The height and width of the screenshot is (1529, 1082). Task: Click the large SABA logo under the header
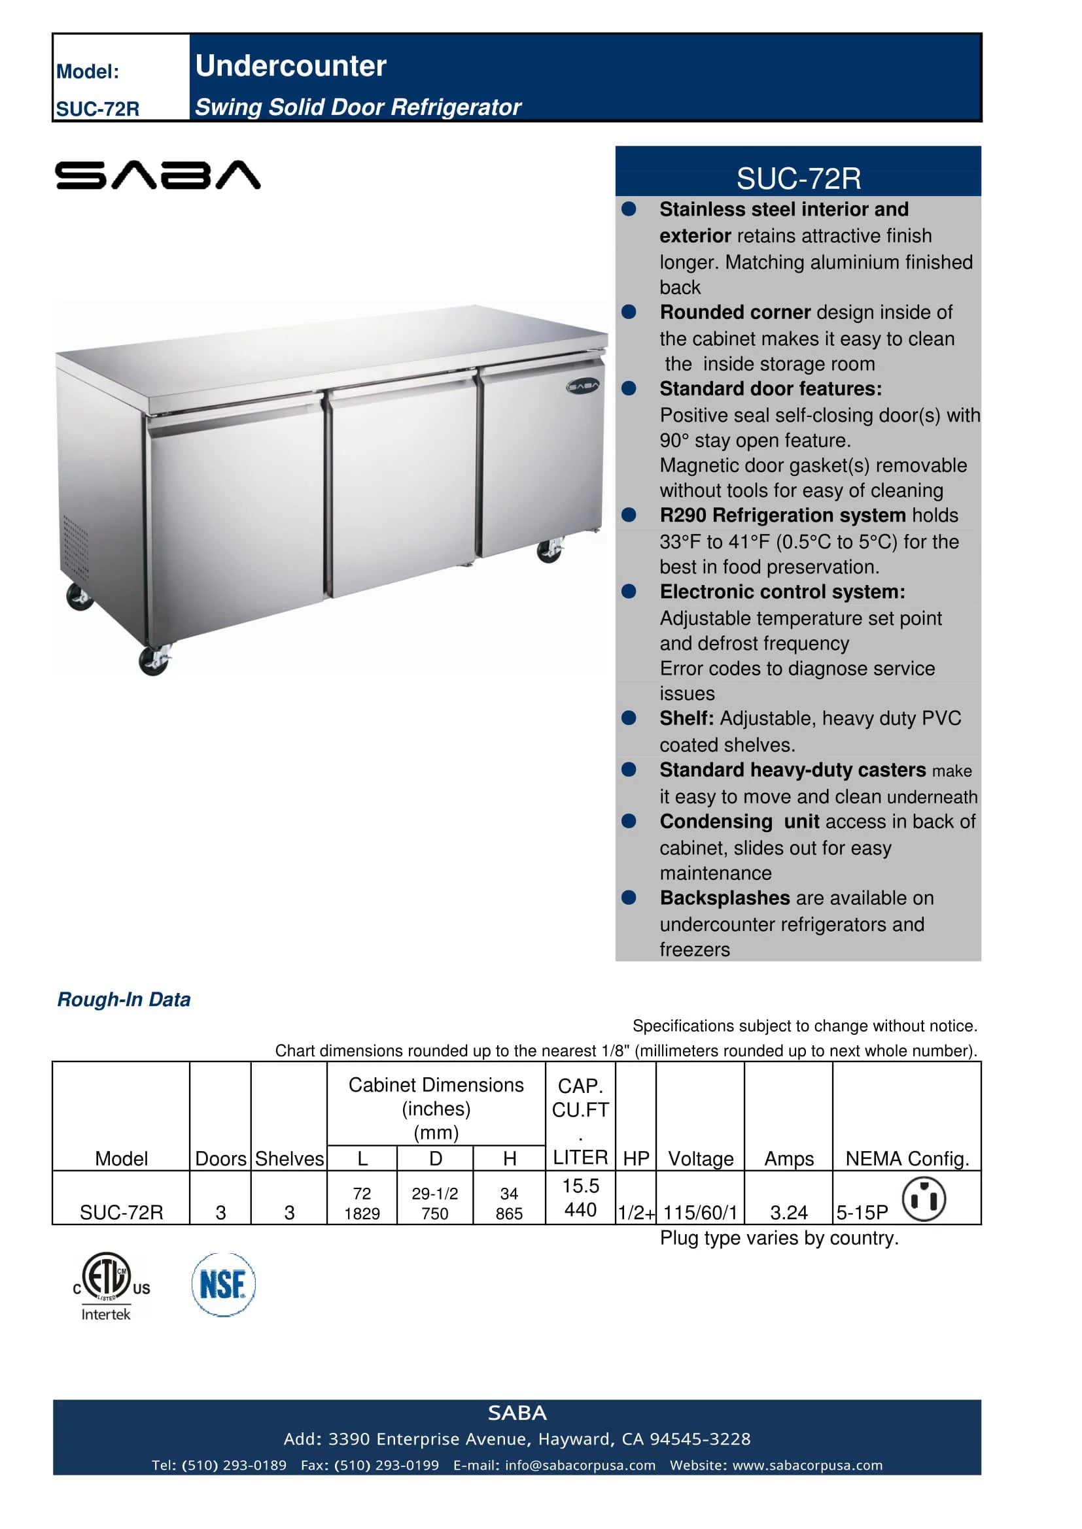157,175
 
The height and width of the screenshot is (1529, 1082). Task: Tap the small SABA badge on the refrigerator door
583,386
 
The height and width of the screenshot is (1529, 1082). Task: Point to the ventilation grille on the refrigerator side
75,547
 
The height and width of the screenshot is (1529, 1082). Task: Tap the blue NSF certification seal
223,1285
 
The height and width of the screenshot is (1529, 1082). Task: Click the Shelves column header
289,1159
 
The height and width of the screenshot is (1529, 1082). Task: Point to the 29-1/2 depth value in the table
434,1194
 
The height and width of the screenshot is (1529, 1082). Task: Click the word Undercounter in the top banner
290,65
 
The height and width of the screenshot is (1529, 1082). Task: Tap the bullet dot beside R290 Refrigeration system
628,514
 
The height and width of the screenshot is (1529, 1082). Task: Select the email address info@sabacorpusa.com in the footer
580,1465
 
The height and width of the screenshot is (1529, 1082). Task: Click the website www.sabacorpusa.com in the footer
807,1465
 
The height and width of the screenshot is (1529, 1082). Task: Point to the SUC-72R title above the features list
798,178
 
